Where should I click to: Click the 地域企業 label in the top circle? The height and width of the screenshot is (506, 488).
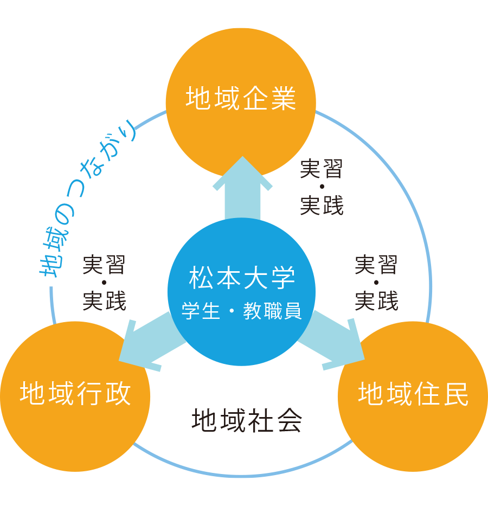click(241, 99)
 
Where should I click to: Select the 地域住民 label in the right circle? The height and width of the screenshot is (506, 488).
click(413, 394)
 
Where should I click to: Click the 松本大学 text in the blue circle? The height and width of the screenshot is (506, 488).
click(242, 279)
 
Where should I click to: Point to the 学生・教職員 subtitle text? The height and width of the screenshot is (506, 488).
click(242, 313)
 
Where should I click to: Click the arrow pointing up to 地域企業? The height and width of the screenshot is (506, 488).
click(242, 187)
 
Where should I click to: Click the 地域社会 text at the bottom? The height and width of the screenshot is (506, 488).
click(247, 420)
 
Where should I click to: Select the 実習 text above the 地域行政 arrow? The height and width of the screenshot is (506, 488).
click(104, 265)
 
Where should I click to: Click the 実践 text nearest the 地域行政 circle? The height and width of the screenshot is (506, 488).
click(104, 301)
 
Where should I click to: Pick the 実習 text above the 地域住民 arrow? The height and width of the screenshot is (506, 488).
click(376, 265)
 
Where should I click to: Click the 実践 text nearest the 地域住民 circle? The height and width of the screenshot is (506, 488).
click(376, 301)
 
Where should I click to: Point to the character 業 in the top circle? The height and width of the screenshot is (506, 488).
click(283, 99)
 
